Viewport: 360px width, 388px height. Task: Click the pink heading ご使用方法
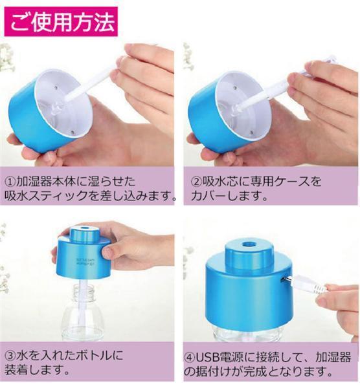(x=61, y=22)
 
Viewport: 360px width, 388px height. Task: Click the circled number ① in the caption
(x=10, y=182)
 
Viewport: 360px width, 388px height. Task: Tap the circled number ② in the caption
(x=196, y=182)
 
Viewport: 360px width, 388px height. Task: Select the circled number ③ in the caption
(x=10, y=356)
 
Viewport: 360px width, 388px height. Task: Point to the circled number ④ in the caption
(x=190, y=357)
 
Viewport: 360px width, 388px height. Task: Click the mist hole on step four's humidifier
(x=248, y=244)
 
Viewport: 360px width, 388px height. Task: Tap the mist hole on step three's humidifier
(x=84, y=226)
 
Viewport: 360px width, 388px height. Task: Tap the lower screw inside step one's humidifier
(x=72, y=133)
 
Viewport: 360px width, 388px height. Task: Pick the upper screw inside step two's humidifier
(x=234, y=88)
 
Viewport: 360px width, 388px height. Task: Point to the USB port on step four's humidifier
(x=283, y=279)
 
